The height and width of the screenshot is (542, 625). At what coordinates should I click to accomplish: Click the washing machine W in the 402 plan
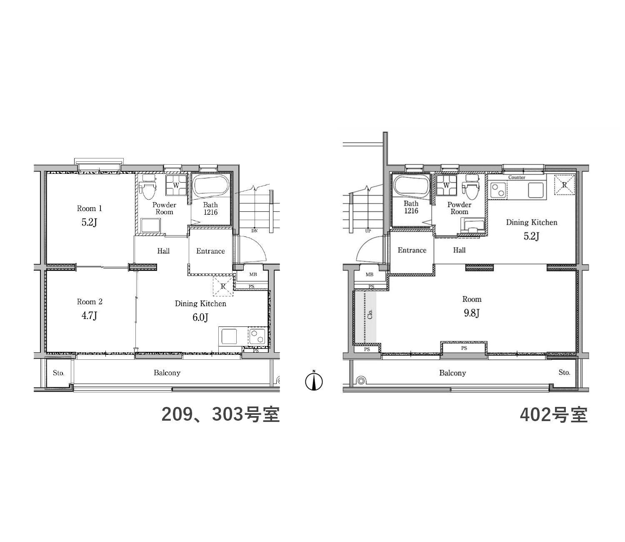click(x=446, y=185)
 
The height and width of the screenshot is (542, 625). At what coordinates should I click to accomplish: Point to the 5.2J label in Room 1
click(x=89, y=223)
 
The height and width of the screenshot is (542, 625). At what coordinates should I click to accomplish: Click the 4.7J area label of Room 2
click(x=89, y=316)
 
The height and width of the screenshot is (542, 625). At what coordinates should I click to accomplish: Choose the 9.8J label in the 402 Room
click(x=472, y=313)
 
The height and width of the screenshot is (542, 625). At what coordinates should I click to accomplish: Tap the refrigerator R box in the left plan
click(x=223, y=286)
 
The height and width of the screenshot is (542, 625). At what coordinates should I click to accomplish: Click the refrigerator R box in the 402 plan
click(x=564, y=185)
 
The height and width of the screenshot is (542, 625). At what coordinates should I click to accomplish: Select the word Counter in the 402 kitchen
click(x=516, y=177)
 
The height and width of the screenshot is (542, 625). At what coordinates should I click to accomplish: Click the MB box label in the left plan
click(x=253, y=274)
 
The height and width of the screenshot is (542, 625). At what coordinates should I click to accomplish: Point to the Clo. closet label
click(x=370, y=314)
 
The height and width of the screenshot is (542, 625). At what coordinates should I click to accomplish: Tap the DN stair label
click(x=254, y=231)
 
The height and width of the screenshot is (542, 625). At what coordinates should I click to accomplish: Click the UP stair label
click(x=367, y=231)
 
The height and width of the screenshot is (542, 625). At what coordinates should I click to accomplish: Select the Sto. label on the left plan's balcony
click(x=58, y=373)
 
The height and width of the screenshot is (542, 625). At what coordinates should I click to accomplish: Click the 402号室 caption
click(x=554, y=414)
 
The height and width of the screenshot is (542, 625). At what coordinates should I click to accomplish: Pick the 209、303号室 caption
click(x=220, y=414)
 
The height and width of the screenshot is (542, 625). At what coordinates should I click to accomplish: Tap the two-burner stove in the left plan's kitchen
click(x=257, y=336)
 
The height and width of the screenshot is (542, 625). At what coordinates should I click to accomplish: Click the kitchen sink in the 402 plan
click(x=536, y=190)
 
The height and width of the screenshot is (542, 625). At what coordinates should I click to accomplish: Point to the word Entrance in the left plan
click(x=210, y=251)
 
